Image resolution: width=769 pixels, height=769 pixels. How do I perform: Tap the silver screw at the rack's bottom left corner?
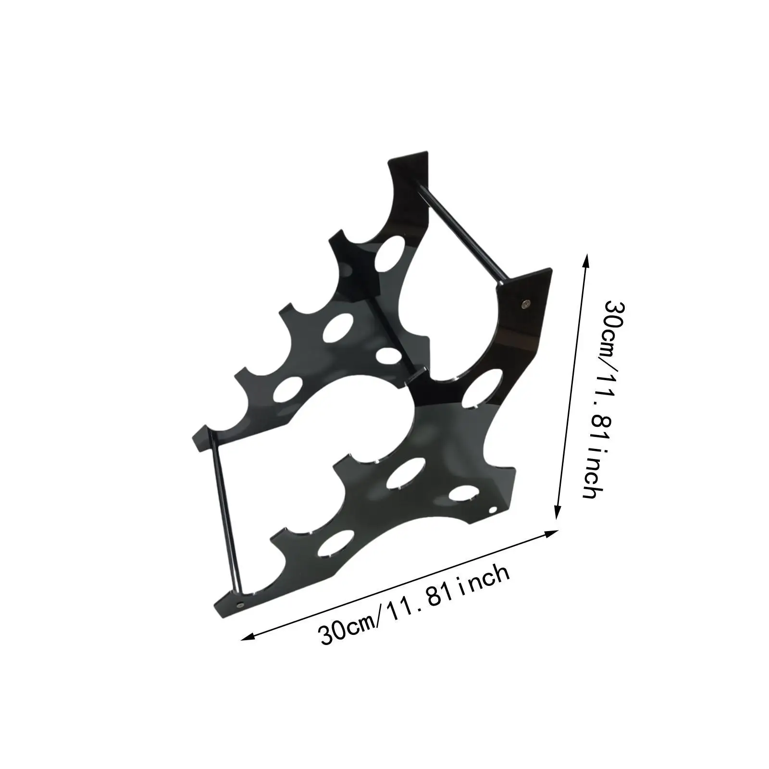[x=241, y=604]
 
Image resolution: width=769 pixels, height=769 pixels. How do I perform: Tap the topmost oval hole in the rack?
[x=390, y=251]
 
